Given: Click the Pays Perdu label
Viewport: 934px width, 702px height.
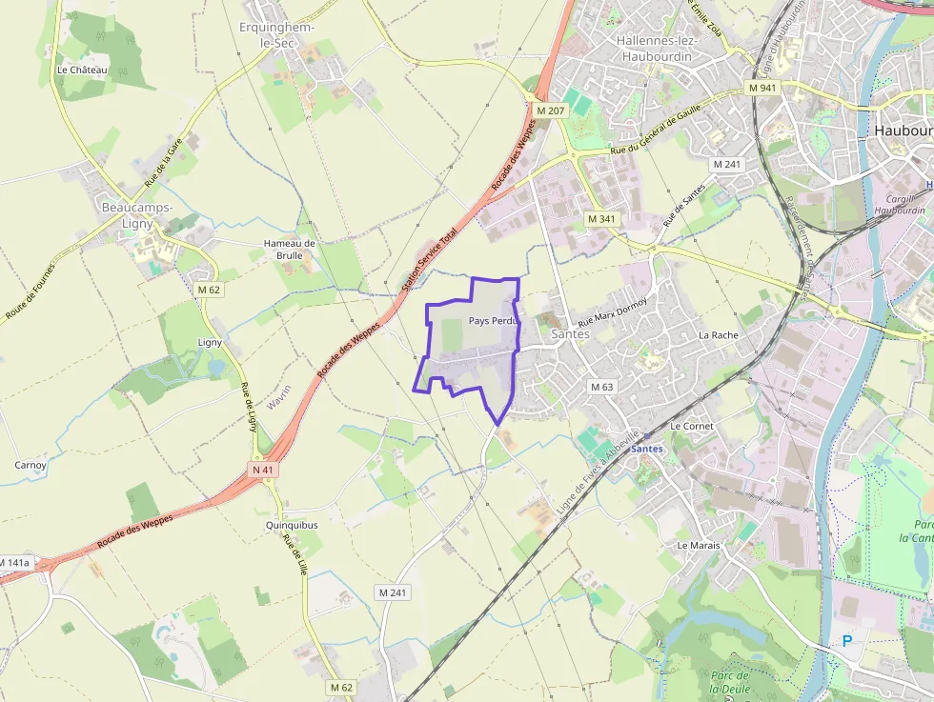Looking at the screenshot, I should pos(492,321).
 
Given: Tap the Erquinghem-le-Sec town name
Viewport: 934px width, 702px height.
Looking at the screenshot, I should pos(270,34).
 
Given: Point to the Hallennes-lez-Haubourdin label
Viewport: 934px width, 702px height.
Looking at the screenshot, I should pos(659,49).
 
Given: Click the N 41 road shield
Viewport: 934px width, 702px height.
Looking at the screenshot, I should pos(263,470).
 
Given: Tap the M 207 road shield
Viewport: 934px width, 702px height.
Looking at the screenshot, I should pos(550,110).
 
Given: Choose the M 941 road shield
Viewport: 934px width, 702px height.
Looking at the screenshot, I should pos(762,88).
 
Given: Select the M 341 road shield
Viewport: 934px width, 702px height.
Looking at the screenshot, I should pos(600,219).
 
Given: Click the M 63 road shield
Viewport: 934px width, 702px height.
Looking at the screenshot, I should pos(601,387).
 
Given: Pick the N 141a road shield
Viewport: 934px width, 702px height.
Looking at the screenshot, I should pos(14,563).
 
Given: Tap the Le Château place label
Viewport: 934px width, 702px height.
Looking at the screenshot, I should pos(82,70).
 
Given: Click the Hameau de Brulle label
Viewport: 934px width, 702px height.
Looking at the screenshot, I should pos(290,250).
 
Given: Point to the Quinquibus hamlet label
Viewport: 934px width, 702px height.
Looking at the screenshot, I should pos(292,525).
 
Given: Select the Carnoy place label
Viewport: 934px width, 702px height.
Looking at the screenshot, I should pos(30,465).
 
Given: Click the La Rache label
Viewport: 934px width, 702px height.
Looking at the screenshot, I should pos(719,335).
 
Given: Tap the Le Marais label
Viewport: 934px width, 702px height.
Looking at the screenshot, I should pos(699,546).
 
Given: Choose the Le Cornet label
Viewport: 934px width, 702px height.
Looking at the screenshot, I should pos(692,426).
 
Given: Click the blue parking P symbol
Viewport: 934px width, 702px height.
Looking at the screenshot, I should pos(846,641).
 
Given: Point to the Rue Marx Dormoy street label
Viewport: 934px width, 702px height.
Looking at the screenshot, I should pos(613,315).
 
